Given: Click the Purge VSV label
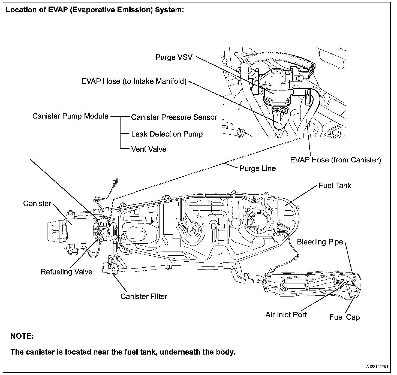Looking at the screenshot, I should coord(174,57).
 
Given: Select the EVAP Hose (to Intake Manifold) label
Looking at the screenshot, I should coord(134,81).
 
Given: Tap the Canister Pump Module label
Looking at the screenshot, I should coord(70,116).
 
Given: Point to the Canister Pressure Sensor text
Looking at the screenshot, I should coord(174,117).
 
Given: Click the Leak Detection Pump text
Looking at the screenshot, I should coord(167,134).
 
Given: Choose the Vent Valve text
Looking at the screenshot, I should coord(149,149).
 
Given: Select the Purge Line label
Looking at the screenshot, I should coord(257,168).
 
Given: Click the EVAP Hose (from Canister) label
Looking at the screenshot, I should coord(335,160).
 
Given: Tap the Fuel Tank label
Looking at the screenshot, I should coord(335,186).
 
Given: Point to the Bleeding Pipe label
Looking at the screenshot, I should coord(320,242).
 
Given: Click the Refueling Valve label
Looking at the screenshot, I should coord(66,272).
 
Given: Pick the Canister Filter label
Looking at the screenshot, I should coord(144,296).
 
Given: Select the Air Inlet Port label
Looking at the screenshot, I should coord(286,315).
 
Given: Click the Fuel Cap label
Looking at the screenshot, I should coord(344,317).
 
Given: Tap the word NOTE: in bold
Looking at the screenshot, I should coord(22,336).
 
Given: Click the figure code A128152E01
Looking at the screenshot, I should coord(377,367).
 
